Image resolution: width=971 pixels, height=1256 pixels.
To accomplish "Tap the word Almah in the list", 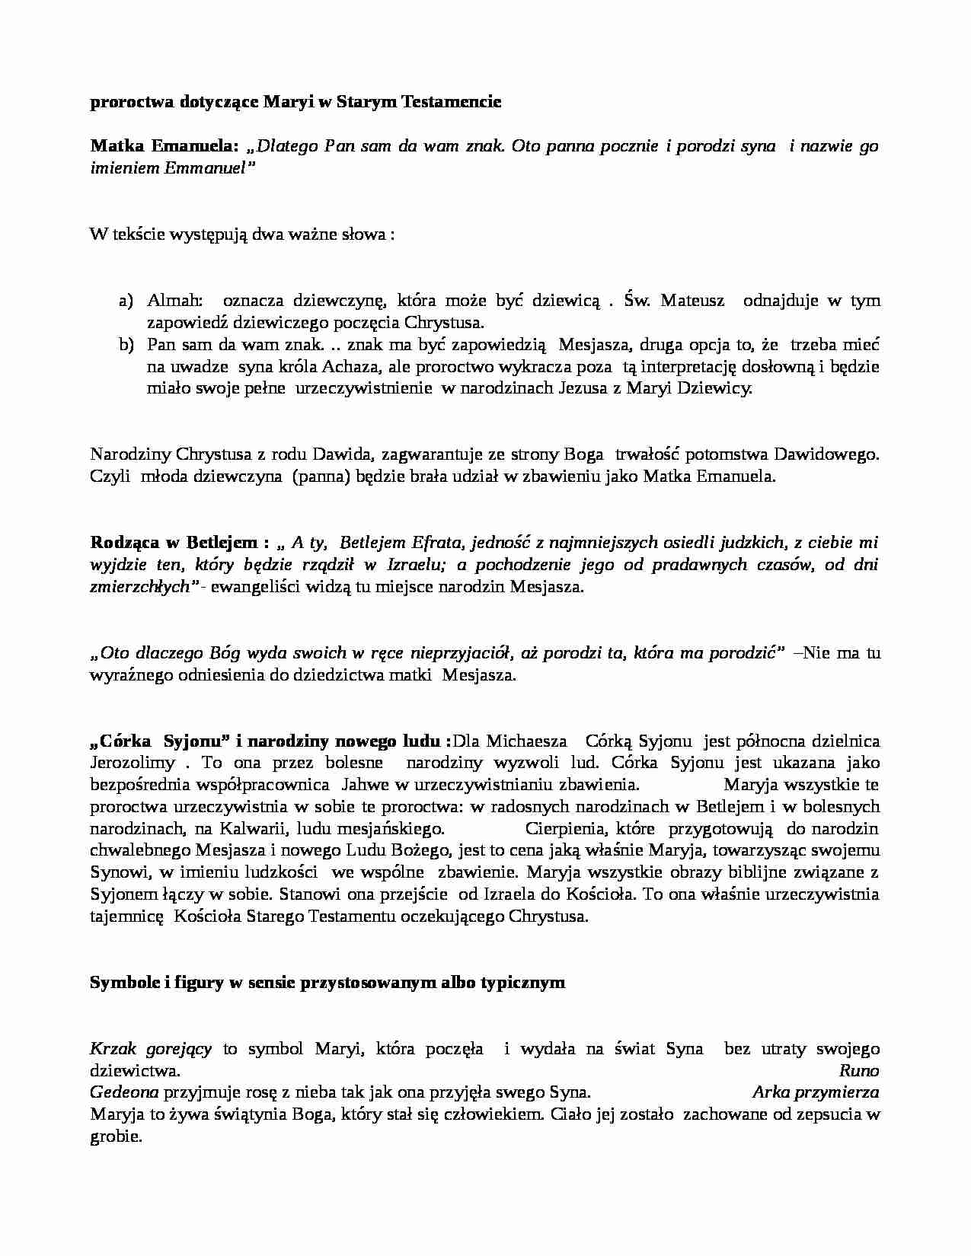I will pyautogui.click(x=169, y=301).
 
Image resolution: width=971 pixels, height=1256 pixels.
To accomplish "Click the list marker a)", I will pyautogui.click(x=126, y=301).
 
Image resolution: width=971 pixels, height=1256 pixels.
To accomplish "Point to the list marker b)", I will pyautogui.click(x=126, y=345).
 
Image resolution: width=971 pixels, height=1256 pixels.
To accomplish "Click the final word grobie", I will pyautogui.click(x=116, y=1137).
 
